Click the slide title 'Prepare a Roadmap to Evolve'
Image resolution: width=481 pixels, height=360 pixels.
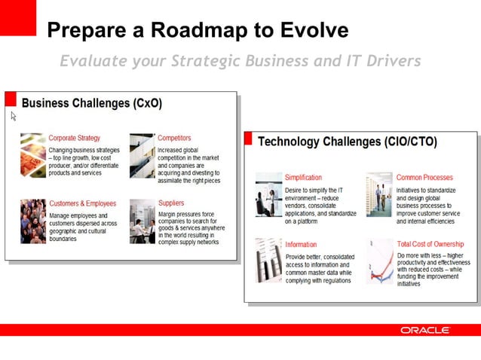click(198, 30)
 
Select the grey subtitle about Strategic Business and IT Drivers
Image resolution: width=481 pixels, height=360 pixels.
click(240, 61)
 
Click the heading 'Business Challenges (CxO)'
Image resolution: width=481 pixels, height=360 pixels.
click(91, 102)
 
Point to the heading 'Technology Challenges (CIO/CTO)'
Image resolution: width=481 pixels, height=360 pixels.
click(347, 142)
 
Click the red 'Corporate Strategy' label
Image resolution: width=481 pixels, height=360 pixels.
click(74, 138)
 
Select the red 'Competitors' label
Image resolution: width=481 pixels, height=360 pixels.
click(174, 138)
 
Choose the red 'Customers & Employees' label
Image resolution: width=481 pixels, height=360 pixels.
click(82, 203)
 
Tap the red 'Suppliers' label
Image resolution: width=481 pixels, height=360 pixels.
click(171, 203)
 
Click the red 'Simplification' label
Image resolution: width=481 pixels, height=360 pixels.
click(303, 178)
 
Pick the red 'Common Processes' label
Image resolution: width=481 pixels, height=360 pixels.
click(424, 178)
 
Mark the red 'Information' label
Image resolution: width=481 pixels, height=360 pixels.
click(301, 244)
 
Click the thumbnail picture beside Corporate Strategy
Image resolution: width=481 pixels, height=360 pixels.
click(32, 155)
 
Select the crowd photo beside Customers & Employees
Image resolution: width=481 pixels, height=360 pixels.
click(32, 221)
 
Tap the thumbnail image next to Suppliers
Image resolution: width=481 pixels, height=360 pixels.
click(142, 221)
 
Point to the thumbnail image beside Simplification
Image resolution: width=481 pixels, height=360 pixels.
click(268, 194)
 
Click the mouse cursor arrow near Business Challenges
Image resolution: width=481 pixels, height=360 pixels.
click(13, 116)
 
